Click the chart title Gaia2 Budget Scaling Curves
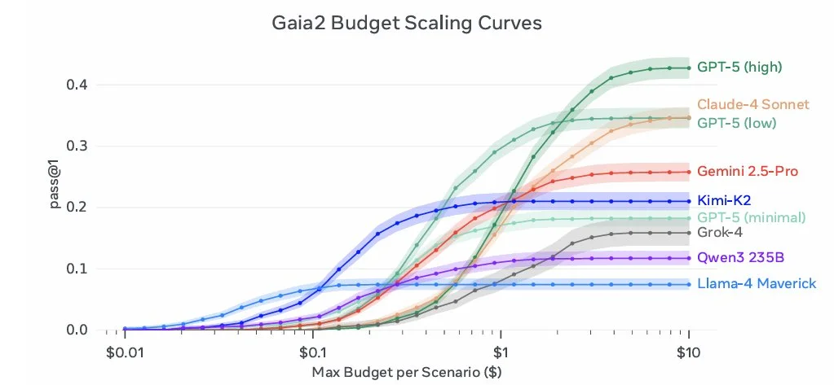click(x=405, y=24)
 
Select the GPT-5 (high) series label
click(x=739, y=68)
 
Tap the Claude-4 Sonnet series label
click(x=752, y=104)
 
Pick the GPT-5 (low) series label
click(x=736, y=123)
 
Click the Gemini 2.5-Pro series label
click(x=747, y=172)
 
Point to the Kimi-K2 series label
click(x=723, y=200)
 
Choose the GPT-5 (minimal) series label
click(x=751, y=217)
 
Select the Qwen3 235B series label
click(x=739, y=259)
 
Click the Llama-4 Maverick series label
click(x=756, y=284)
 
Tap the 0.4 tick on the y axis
click(x=78, y=85)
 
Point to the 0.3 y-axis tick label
click(x=78, y=147)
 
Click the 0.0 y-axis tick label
click(x=78, y=330)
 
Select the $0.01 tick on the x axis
click(x=125, y=352)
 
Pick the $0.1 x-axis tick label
click(x=312, y=352)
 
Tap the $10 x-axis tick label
click(x=689, y=352)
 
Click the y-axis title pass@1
click(x=53, y=208)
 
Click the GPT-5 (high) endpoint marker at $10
click(x=689, y=68)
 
